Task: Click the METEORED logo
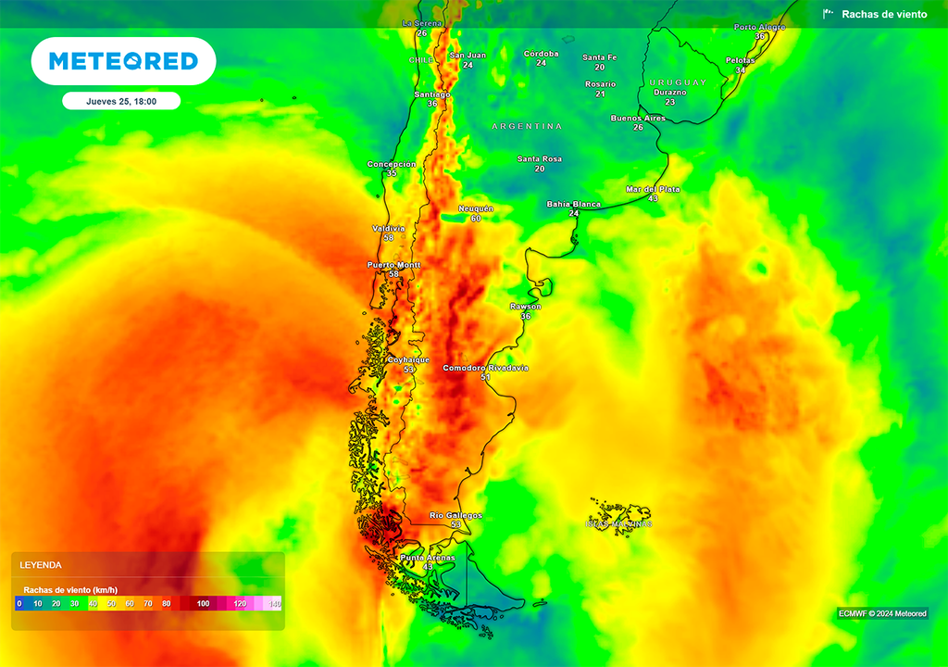[x=123, y=61]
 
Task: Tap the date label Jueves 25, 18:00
[x=120, y=101]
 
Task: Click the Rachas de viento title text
[x=883, y=14]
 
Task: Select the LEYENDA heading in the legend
[x=41, y=564]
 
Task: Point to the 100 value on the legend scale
[x=203, y=604]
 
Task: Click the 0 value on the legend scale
[x=19, y=604]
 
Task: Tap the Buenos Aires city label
[x=638, y=119]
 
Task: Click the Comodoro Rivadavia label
[x=485, y=368]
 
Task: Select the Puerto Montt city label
[x=393, y=265]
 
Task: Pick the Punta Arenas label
[x=427, y=558]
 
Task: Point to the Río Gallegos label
[x=455, y=515]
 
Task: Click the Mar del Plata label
[x=653, y=189]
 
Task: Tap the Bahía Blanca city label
[x=573, y=204]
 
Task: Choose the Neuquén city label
[x=476, y=208]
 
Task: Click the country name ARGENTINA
[x=527, y=126]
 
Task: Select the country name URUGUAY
[x=678, y=82]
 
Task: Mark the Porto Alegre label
[x=759, y=27]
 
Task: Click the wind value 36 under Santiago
[x=432, y=104]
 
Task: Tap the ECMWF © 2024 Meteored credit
[x=882, y=613]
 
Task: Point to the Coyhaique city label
[x=408, y=359]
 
